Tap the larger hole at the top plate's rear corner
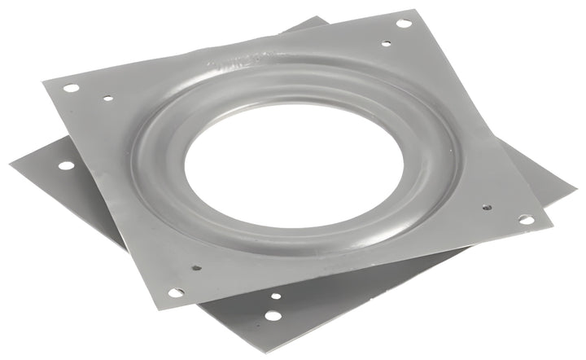click(403, 23)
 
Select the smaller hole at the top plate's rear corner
click(386, 43)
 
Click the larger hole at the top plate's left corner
click(71, 87)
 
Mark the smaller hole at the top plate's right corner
click(487, 208)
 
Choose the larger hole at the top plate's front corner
click(176, 292)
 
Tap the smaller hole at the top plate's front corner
click(196, 266)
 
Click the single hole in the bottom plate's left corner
click(66, 165)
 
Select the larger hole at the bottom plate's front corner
click(273, 314)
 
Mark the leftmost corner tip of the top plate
click(42, 81)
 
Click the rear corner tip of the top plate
click(418, 11)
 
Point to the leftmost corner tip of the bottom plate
click(11, 163)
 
